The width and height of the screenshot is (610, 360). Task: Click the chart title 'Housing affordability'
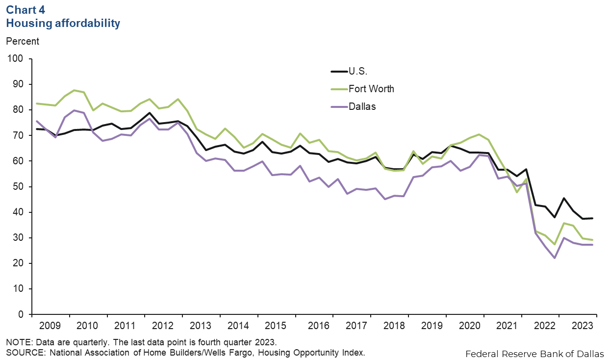pyautogui.click(x=63, y=23)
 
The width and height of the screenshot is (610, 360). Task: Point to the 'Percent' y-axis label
pyautogui.click(x=23, y=41)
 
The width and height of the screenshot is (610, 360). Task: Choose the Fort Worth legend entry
pyautogui.click(x=371, y=89)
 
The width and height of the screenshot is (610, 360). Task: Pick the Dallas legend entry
pyautogui.click(x=362, y=106)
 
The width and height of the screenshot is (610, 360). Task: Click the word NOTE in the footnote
pyautogui.click(x=18, y=341)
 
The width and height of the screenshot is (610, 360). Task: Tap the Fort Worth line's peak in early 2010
pyautogui.click(x=74, y=90)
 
